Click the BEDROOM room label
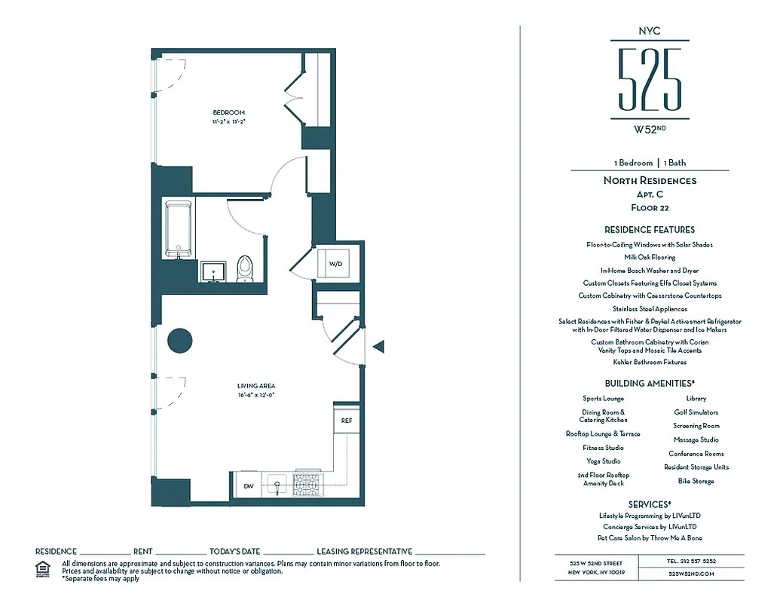(228, 112)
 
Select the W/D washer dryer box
(335, 263)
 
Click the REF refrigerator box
(346, 420)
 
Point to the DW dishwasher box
(248, 486)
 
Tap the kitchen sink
(277, 484)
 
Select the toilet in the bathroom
(245, 268)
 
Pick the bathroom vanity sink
(213, 271)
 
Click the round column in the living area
(180, 341)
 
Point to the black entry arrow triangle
(379, 347)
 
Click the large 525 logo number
(649, 79)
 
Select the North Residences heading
(649, 181)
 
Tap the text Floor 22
(649, 207)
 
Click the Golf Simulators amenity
(696, 412)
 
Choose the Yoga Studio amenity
(603, 461)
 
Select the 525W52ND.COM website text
(691, 574)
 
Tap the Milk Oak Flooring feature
(649, 257)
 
